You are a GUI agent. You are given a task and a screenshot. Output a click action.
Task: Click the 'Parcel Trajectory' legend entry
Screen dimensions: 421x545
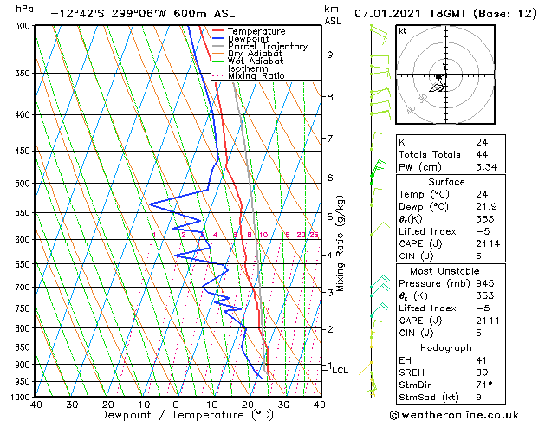tap(267, 46)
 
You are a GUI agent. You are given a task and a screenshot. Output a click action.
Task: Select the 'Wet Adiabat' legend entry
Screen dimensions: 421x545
tap(256, 61)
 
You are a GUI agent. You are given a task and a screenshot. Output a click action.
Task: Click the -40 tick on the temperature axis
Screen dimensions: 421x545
tap(33, 405)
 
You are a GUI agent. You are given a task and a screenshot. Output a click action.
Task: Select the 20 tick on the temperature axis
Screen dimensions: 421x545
tap(248, 405)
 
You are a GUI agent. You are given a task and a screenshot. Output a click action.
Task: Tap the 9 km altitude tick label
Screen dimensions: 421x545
tap(330, 55)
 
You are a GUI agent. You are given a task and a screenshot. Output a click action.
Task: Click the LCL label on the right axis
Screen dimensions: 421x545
tap(341, 370)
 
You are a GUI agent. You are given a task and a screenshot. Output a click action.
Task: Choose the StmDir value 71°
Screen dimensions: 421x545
tap(483, 385)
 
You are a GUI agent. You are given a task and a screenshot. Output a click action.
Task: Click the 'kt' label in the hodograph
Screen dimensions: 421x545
tap(402, 30)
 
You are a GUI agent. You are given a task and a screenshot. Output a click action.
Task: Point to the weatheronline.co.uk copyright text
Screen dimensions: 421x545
tap(465, 414)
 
